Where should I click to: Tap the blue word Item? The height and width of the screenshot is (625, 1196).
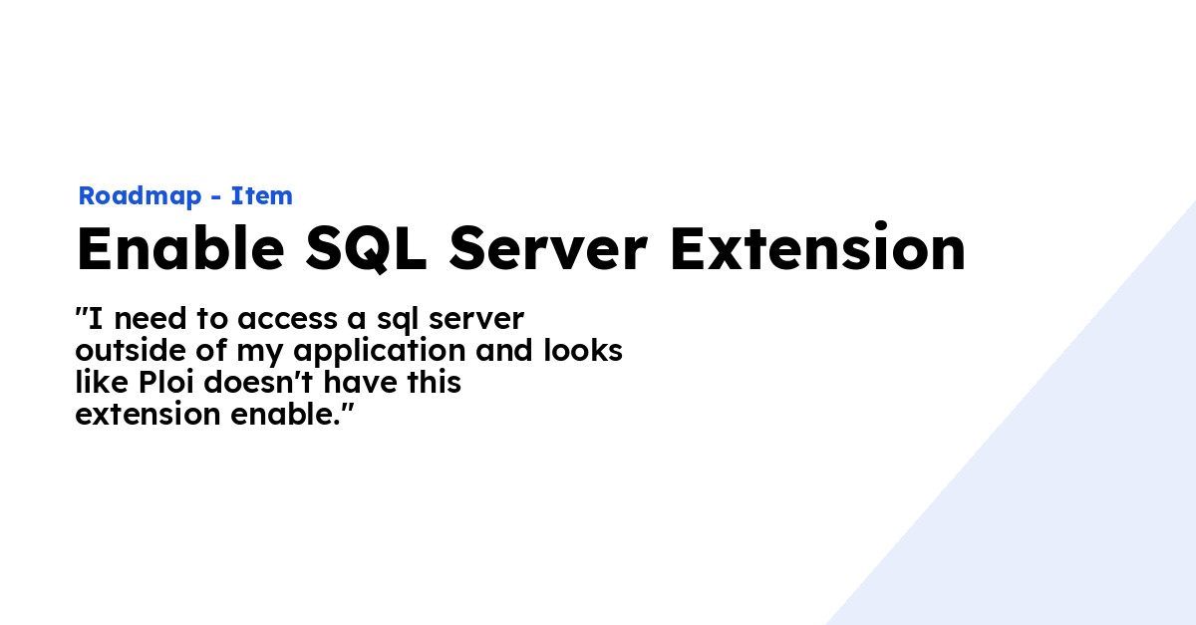coord(262,196)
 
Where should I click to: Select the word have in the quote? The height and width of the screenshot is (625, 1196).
coord(369,383)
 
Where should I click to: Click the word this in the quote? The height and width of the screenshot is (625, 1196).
coord(436,383)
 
